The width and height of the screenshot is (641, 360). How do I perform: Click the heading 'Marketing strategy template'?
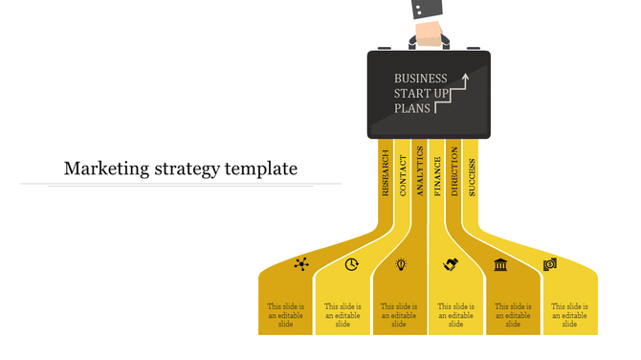click(181, 169)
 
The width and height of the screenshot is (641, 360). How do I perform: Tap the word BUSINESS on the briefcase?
click(421, 79)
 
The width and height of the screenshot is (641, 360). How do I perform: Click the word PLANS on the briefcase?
click(412, 109)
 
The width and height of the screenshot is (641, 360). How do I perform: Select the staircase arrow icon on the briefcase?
click(453, 94)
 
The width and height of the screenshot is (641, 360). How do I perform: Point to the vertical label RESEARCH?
click(386, 172)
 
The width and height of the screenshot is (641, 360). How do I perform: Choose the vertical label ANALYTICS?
click(420, 172)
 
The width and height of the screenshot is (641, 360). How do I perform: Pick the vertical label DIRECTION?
click(454, 172)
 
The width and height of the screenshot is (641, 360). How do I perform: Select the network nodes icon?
click(302, 264)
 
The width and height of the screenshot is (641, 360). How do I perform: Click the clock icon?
click(352, 264)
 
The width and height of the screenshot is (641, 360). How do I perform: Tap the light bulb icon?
click(401, 264)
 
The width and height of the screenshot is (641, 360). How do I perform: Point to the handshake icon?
click(451, 264)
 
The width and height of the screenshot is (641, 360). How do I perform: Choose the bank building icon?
click(500, 264)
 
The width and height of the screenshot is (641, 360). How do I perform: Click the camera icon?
click(550, 264)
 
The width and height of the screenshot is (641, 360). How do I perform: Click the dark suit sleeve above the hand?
click(428, 9)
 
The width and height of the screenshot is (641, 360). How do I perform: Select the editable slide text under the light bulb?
click(399, 315)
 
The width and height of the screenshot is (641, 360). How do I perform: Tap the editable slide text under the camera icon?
click(569, 315)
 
